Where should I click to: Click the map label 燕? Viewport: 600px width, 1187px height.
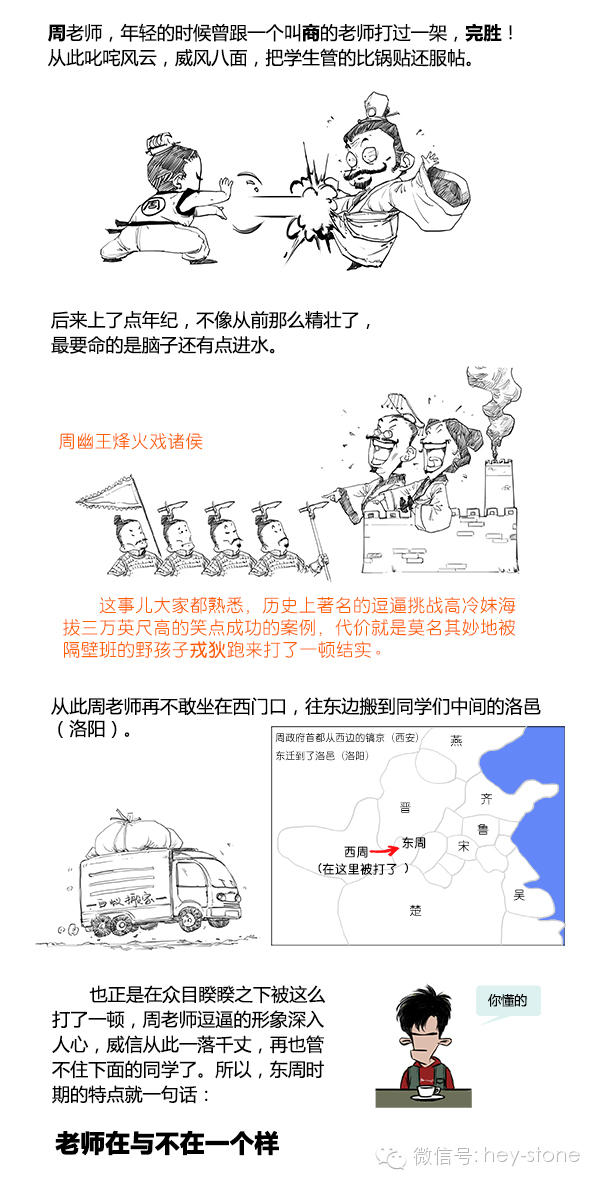456,741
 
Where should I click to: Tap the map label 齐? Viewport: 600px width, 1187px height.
487,799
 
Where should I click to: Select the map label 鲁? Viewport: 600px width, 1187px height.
483,830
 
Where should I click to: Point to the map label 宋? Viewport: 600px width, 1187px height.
463,847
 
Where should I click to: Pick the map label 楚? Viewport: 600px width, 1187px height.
415,910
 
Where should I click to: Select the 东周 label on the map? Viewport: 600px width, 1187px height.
413,844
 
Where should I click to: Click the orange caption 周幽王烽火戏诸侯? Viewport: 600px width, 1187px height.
131,441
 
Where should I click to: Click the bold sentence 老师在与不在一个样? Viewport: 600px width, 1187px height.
166,1143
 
